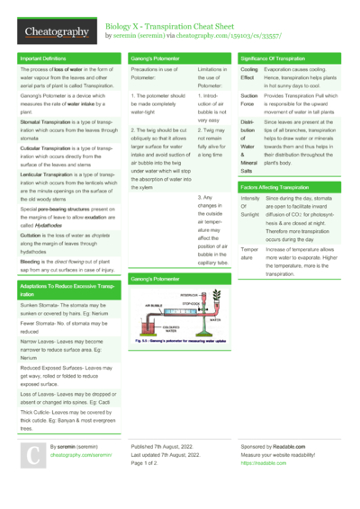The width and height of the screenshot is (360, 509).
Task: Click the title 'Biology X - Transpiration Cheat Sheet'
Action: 171,26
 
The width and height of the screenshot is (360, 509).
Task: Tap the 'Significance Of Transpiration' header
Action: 280,58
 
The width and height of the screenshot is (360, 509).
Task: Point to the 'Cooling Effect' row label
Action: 250,75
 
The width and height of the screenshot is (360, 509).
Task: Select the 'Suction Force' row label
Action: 250,100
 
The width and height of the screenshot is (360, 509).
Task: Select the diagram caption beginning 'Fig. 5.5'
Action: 180,343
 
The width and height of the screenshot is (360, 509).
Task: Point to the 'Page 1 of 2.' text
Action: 149,463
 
